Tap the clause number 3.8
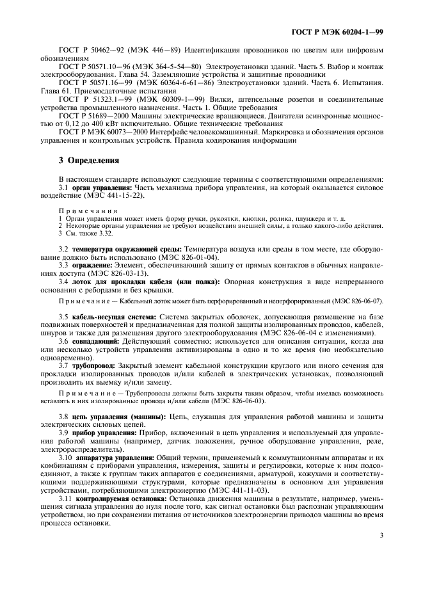pos(63,417)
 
